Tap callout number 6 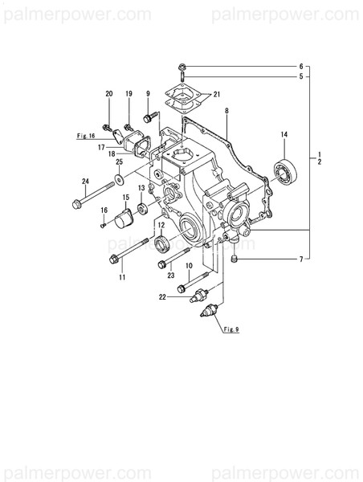(301, 66)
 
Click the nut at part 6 (184, 65)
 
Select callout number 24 (84, 181)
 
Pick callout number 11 (123, 277)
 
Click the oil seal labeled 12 (161, 244)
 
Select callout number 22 (164, 297)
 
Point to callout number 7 (301, 259)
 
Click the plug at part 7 (234, 259)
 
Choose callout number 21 (217, 95)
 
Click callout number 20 (109, 95)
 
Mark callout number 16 (104, 210)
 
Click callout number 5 (301, 77)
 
